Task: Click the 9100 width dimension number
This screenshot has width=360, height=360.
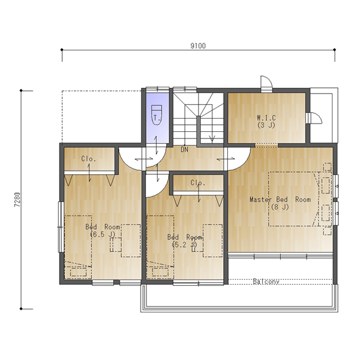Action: (x=198, y=46)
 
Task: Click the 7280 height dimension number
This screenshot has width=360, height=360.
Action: (x=17, y=200)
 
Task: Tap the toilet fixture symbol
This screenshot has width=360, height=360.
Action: (x=157, y=115)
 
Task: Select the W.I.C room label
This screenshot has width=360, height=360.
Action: (x=266, y=118)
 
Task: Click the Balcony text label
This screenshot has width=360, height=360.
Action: (x=266, y=282)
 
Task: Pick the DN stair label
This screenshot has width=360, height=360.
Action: (x=184, y=150)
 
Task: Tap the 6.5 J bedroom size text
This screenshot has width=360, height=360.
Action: (x=102, y=235)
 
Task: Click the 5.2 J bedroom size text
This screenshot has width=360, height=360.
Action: (x=184, y=245)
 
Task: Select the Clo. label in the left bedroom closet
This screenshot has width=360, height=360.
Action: (x=88, y=159)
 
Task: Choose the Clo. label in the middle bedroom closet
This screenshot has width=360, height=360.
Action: (x=197, y=183)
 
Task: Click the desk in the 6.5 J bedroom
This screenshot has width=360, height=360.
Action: (x=131, y=240)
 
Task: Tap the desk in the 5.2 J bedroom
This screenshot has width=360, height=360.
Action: (x=213, y=240)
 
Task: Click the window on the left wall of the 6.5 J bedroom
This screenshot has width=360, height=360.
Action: (x=60, y=227)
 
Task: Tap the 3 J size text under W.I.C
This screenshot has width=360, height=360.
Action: (x=266, y=125)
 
